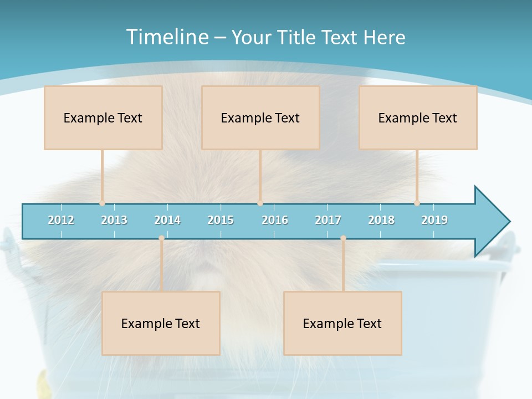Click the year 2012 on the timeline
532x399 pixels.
(x=61, y=220)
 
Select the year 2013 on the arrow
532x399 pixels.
(x=114, y=220)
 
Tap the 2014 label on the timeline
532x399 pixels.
(x=167, y=220)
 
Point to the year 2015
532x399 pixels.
(x=221, y=220)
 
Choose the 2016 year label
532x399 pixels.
(x=275, y=220)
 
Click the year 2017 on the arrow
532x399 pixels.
(x=328, y=220)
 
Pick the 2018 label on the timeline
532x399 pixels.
(x=381, y=220)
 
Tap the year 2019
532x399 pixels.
(x=434, y=220)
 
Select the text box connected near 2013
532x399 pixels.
(x=103, y=117)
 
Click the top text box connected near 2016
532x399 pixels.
(x=260, y=117)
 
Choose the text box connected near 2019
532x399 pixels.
(x=418, y=117)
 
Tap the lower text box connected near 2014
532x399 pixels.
(x=161, y=323)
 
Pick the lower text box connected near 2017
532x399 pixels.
(x=342, y=323)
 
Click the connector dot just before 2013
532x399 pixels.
(x=102, y=203)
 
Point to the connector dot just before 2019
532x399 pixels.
(x=417, y=203)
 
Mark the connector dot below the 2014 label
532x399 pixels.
(x=161, y=238)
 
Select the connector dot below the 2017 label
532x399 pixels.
(x=343, y=238)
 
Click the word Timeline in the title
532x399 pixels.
(x=166, y=37)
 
